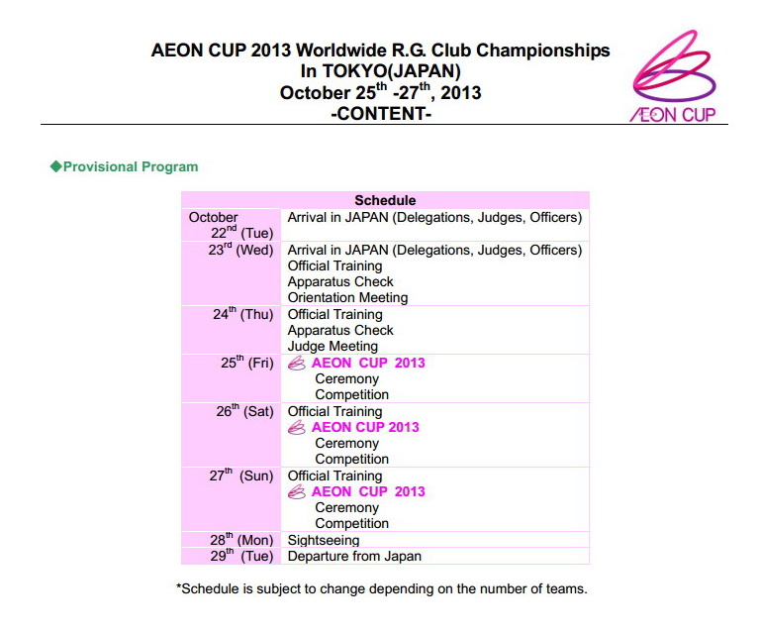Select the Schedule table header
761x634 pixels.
tap(385, 200)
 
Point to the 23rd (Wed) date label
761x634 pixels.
tap(240, 251)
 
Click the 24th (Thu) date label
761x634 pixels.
tap(242, 315)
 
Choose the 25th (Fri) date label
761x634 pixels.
tap(246, 363)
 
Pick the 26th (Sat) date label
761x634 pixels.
tap(244, 411)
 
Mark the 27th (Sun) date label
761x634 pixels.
tap(241, 475)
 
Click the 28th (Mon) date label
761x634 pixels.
tap(240, 541)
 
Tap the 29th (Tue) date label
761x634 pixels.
tap(241, 556)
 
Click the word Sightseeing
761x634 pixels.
tap(324, 541)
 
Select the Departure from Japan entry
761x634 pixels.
tap(354, 556)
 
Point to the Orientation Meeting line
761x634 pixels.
tap(347, 297)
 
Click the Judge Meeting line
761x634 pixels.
tap(333, 346)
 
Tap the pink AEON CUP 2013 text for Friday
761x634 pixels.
tap(368, 363)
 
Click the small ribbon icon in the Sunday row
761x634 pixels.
tap(296, 491)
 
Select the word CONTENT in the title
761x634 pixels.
tap(381, 114)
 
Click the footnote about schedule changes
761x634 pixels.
tap(382, 588)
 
